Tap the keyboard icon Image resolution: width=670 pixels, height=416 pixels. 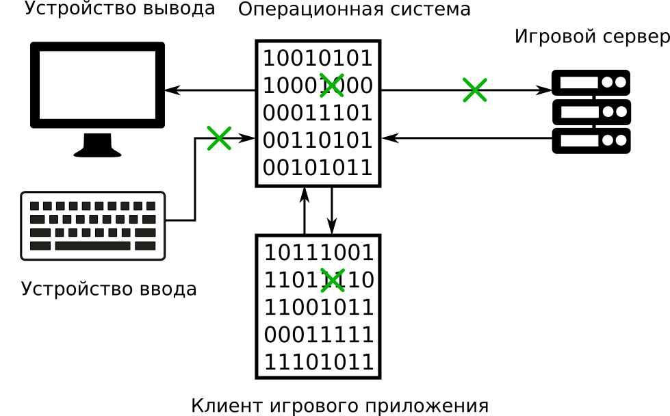coord(93,226)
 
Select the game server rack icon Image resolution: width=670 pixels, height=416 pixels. coord(591,112)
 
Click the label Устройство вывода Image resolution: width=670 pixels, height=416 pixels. coord(120,9)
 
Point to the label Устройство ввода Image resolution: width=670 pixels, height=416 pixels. coord(109,289)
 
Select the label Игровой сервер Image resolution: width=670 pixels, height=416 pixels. coord(591,37)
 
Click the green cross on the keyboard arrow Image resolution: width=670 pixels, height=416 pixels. coord(219,138)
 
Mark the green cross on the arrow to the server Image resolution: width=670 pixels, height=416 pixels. coord(474,90)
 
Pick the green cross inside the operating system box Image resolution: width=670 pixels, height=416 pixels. coord(332,85)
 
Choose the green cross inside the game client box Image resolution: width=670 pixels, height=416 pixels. coord(333,280)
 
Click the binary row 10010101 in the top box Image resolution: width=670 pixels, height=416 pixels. coord(318,58)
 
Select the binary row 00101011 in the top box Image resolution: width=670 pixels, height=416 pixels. coord(318,168)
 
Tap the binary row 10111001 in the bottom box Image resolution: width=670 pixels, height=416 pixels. coord(319,252)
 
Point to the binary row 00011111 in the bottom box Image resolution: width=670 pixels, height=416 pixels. coord(319,335)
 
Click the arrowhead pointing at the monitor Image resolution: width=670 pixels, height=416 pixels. coord(172,90)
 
